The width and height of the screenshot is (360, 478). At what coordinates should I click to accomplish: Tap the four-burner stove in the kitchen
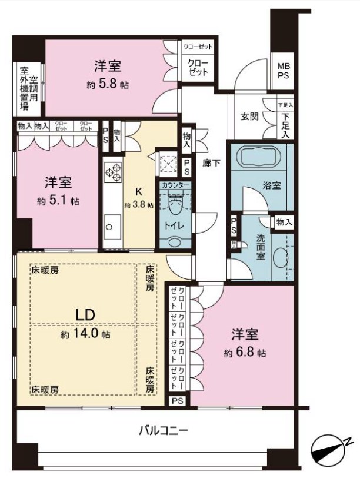pyautogui.click(x=112, y=172)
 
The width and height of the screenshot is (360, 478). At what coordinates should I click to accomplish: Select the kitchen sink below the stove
pyautogui.click(x=110, y=225)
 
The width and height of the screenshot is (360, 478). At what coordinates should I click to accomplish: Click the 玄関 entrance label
pyautogui.click(x=246, y=115)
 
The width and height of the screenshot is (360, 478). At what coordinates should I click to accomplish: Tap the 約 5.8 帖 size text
pyautogui.click(x=108, y=84)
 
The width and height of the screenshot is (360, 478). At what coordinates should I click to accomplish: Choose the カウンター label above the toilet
pyautogui.click(x=175, y=185)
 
